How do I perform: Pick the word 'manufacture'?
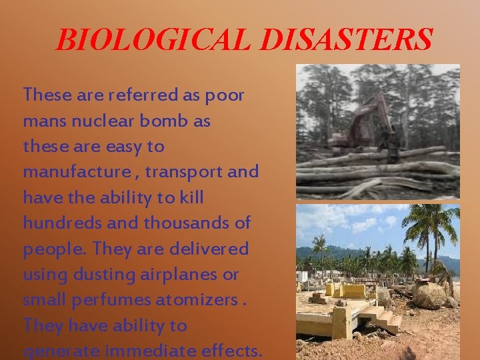click(77, 172)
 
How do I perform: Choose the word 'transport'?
click(183, 172)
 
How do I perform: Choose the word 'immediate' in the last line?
click(145, 351)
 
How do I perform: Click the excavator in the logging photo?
click(371, 127)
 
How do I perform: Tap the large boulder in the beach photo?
click(430, 293)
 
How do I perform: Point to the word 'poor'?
click(225, 95)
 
